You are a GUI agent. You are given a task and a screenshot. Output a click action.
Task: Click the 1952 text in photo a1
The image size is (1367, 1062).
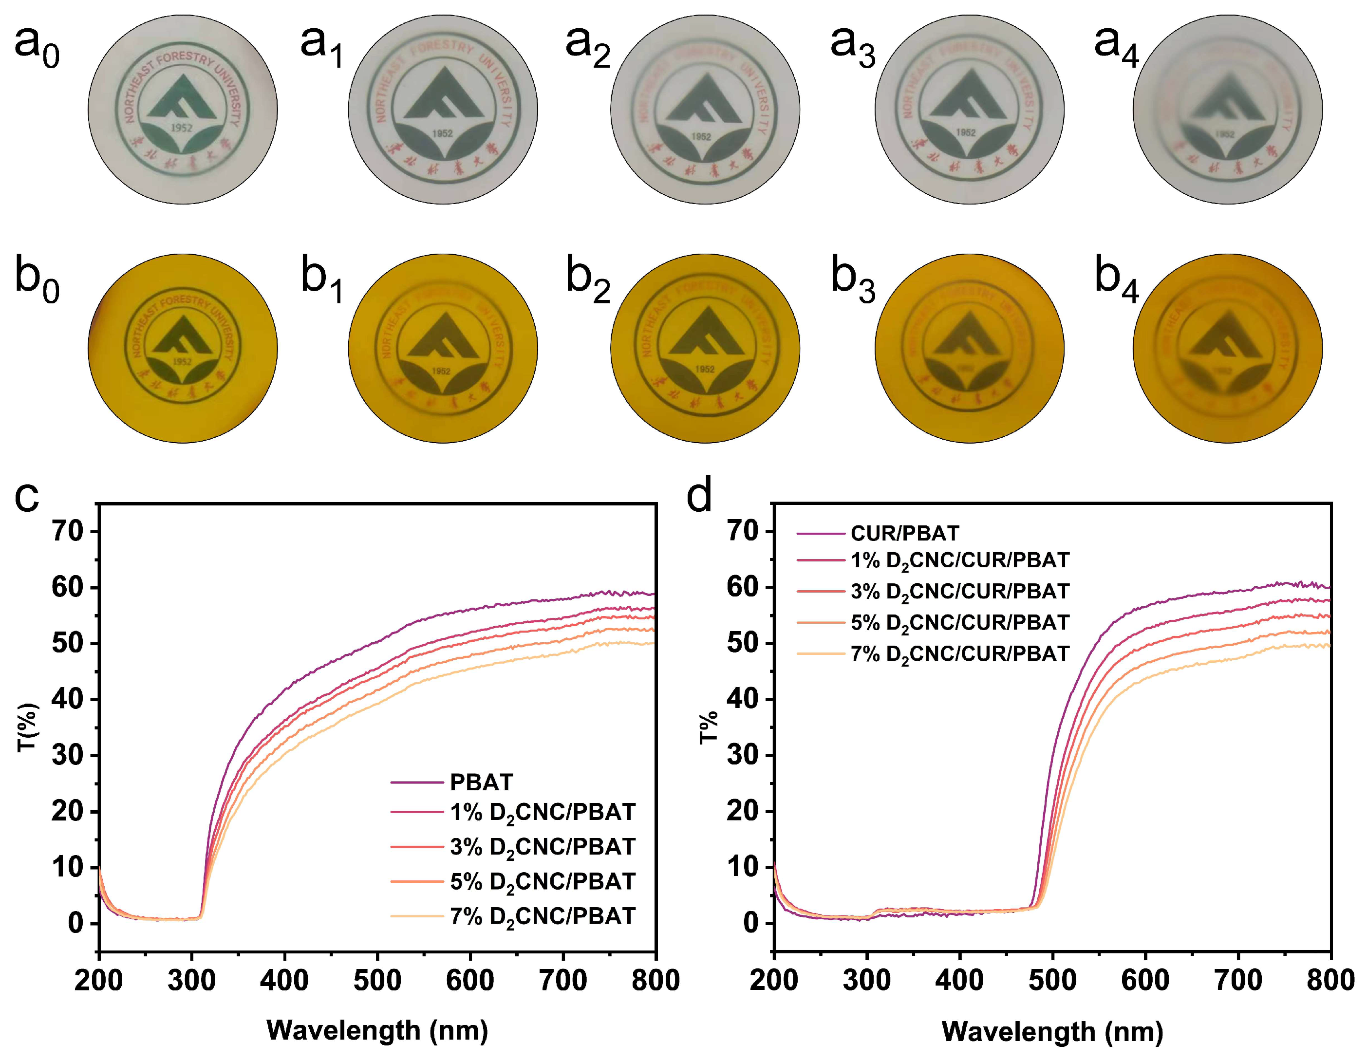[443, 133]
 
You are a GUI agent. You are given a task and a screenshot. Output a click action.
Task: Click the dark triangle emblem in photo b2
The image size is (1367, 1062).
[705, 332]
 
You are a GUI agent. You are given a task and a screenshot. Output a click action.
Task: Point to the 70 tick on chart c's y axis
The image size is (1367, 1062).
[68, 531]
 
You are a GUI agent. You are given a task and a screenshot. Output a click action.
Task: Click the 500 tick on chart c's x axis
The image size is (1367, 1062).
[377, 981]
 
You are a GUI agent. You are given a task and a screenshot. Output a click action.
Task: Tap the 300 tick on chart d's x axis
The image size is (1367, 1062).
[867, 981]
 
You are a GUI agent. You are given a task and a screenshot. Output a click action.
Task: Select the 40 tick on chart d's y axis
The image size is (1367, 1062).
[744, 700]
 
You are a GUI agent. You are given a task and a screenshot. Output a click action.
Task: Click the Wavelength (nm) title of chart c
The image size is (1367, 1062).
[377, 1031]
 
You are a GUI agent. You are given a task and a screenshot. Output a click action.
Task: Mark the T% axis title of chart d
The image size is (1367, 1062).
[709, 727]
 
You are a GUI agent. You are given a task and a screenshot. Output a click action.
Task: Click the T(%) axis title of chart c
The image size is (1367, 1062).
[28, 727]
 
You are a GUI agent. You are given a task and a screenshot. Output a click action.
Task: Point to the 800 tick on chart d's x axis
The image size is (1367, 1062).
[1330, 981]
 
